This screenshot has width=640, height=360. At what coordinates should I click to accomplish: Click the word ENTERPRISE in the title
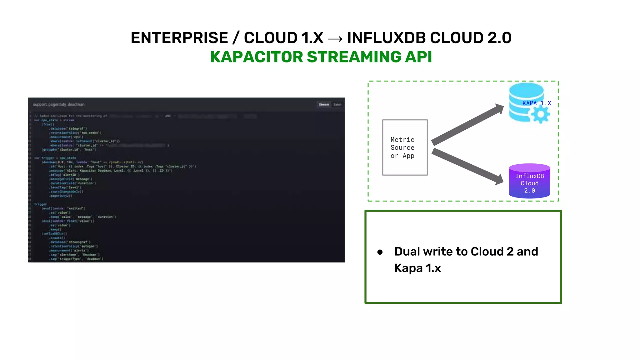point(179,38)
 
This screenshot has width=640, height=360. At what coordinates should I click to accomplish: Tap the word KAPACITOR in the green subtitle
point(257,57)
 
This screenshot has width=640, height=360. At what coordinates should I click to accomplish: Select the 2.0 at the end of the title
point(499,38)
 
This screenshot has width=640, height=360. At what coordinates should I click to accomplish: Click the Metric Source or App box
point(405,147)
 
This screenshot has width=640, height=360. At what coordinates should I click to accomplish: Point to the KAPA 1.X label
point(536,103)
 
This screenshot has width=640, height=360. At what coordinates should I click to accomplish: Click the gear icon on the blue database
point(540,115)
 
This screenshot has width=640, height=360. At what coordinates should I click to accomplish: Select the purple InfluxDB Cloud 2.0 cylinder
point(529,182)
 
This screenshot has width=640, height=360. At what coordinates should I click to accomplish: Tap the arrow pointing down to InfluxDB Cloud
point(467,166)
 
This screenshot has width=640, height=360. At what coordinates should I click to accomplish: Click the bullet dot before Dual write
point(380,252)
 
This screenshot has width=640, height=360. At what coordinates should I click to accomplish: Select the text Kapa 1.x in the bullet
point(417,268)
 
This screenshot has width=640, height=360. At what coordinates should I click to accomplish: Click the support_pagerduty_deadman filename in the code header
point(59,104)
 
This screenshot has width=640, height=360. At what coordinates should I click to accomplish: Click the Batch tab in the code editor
point(337,104)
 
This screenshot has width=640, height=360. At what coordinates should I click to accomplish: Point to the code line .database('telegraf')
point(68,128)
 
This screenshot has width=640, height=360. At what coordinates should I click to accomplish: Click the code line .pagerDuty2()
point(61,196)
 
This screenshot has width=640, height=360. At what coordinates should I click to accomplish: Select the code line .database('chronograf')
point(70,242)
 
